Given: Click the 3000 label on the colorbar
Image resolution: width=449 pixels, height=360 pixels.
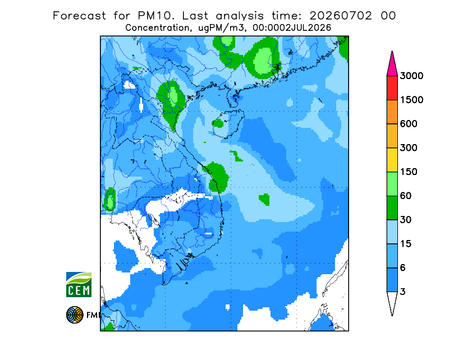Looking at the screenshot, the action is pyautogui.click(x=411, y=76).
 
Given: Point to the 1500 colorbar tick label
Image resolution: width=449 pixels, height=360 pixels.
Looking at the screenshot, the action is pyautogui.click(x=411, y=100).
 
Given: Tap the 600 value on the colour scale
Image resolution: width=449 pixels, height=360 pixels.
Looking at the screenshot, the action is pyautogui.click(x=409, y=124).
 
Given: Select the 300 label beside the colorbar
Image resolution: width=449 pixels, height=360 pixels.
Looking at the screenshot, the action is pyautogui.click(x=409, y=148).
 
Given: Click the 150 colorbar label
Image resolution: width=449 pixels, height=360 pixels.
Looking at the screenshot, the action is pyautogui.click(x=409, y=172).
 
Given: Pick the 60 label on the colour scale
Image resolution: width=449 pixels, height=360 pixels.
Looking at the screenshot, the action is pyautogui.click(x=406, y=196).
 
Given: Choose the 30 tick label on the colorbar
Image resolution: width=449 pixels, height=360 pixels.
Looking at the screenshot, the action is pyautogui.click(x=406, y=220).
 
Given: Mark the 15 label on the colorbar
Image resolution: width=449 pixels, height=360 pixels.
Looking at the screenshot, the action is pyautogui.click(x=406, y=244).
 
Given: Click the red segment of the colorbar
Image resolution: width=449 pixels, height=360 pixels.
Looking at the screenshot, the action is pyautogui.click(x=392, y=88).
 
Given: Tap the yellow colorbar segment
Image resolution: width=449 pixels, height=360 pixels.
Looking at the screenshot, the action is pyautogui.click(x=392, y=160).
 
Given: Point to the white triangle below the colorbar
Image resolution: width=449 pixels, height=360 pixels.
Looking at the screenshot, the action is pyautogui.click(x=392, y=302).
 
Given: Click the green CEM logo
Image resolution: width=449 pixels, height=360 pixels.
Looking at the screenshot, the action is pyautogui.click(x=79, y=284).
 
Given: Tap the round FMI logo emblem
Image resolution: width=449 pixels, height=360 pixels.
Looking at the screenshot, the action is pyautogui.click(x=75, y=315).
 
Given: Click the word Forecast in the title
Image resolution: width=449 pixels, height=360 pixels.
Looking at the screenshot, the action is pyautogui.click(x=79, y=16).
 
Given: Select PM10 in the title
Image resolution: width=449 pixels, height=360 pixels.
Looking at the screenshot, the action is pyautogui.click(x=156, y=16).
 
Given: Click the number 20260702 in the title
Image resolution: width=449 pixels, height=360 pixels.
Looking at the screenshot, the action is pyautogui.click(x=341, y=16).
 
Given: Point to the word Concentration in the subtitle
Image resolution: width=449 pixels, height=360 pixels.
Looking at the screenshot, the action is pyautogui.click(x=158, y=28).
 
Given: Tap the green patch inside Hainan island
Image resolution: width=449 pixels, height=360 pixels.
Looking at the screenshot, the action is pyautogui.click(x=218, y=123).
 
